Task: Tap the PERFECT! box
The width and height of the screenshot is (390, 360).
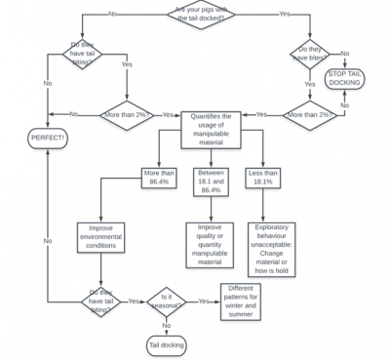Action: [47, 139]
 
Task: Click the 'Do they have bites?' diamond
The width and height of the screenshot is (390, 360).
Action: [310, 55]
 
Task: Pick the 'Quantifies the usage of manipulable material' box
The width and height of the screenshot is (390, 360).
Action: [210, 128]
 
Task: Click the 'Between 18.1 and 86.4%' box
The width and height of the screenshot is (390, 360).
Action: [211, 182]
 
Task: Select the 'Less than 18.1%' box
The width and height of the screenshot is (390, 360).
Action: [263, 178]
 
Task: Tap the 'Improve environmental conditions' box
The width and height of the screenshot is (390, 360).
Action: [101, 236]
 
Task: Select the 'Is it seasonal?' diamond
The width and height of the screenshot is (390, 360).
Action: [166, 301]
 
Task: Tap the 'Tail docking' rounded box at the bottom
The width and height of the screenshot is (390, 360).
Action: [166, 344]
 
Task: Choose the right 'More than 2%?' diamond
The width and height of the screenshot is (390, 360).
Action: [308, 115]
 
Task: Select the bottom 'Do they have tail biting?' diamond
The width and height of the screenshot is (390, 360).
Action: [101, 300]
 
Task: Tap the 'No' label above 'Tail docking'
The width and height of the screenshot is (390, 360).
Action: [166, 325]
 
